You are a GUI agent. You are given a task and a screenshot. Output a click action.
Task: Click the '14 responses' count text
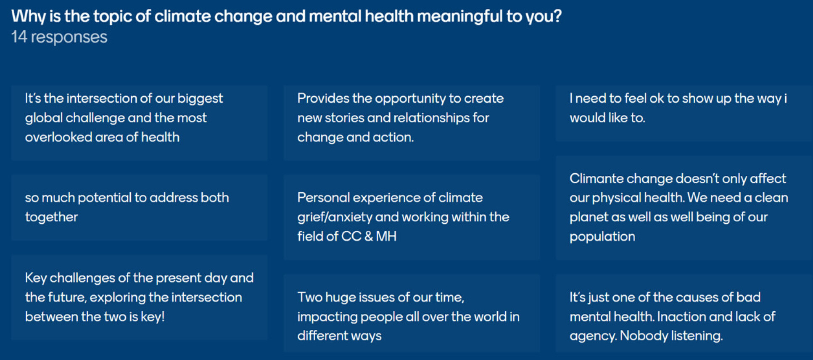(x=59, y=37)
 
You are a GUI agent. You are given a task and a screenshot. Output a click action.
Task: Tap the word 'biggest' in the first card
(x=200, y=99)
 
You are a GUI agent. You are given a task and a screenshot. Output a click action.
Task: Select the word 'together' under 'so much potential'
(x=51, y=217)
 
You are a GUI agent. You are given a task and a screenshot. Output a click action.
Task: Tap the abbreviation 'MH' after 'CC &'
(x=386, y=236)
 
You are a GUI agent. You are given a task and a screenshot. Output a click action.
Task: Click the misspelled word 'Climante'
(x=596, y=178)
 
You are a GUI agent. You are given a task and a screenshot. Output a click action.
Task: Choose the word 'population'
(x=602, y=237)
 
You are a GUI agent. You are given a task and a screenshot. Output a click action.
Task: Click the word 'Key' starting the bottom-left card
(x=36, y=278)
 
